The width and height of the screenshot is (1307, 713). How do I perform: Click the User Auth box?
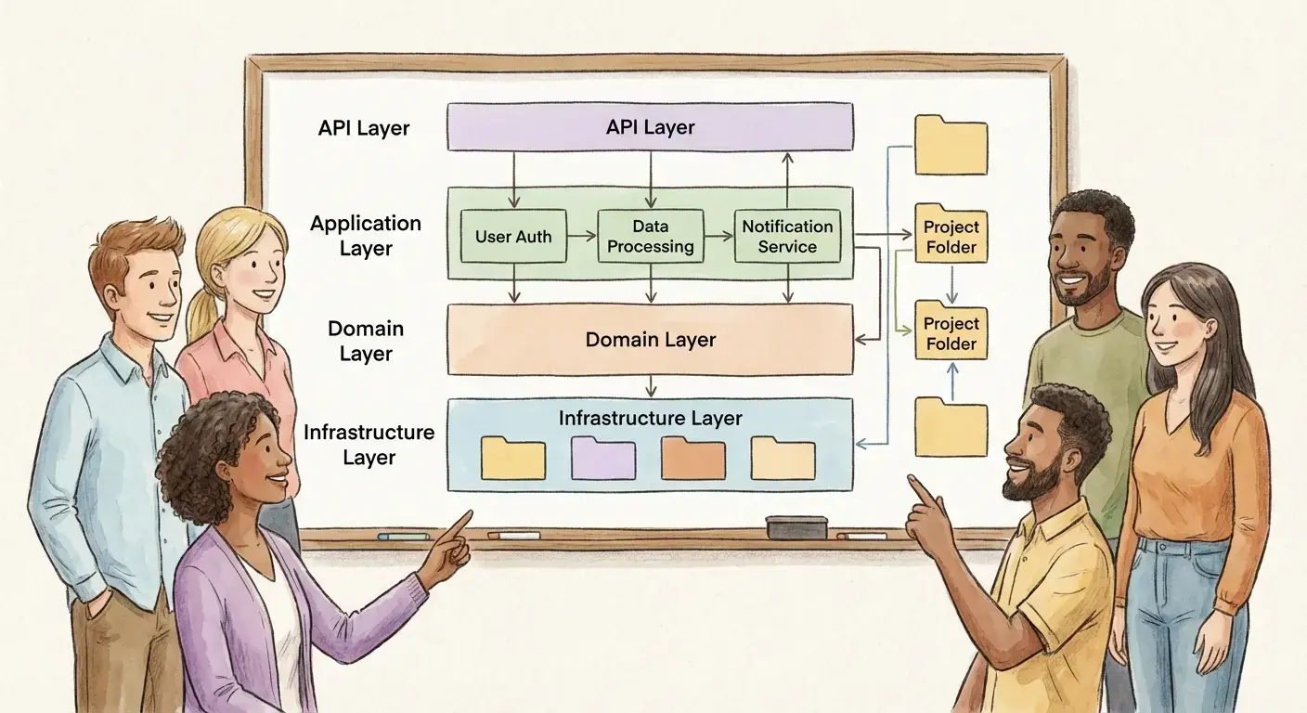(x=513, y=236)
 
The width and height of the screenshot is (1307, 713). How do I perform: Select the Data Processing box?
(x=650, y=236)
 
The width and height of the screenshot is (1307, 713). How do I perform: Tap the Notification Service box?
(x=787, y=236)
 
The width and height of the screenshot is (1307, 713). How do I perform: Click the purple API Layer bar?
(x=650, y=127)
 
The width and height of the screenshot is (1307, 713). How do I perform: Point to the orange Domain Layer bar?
(x=650, y=340)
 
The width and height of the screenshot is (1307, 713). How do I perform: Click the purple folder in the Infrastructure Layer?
(x=602, y=459)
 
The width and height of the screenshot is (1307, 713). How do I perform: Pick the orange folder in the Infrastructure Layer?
(x=692, y=459)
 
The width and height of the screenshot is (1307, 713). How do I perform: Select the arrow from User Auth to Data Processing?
(x=581, y=237)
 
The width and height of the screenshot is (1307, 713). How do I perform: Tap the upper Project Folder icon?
(x=951, y=234)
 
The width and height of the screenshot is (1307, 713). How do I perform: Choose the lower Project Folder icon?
(x=951, y=331)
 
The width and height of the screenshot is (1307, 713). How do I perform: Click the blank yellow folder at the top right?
(x=951, y=146)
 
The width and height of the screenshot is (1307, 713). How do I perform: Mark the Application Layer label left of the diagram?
(x=366, y=236)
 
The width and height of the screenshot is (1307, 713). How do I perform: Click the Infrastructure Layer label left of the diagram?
(x=369, y=445)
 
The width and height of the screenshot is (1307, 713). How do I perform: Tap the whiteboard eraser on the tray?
(x=796, y=526)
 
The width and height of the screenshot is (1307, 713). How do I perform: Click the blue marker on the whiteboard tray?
(x=403, y=537)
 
